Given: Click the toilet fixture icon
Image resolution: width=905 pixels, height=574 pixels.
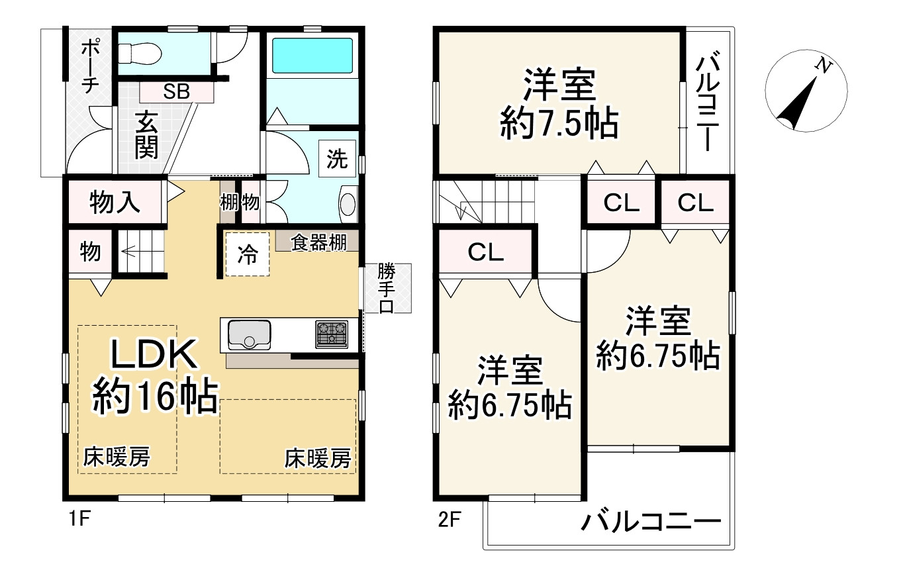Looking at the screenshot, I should [x=138, y=52].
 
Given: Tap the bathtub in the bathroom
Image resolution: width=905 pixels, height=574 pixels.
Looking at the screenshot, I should [x=312, y=56].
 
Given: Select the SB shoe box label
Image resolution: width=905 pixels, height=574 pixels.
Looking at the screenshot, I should [x=177, y=92].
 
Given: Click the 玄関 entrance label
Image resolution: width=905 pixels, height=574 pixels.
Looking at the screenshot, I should [x=147, y=135].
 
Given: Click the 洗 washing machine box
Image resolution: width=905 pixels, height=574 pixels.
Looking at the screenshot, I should [x=337, y=159].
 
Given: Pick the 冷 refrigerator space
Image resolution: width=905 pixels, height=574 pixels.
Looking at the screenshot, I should [x=248, y=254].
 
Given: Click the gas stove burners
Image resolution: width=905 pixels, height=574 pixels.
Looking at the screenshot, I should [x=332, y=334].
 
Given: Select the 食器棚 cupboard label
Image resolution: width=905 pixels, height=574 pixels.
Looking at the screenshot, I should [x=319, y=243].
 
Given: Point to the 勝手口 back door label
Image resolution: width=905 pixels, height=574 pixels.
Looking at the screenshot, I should [x=387, y=288].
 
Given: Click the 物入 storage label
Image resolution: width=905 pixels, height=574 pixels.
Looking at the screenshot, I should [x=115, y=201].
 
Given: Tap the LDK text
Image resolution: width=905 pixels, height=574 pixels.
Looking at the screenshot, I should [x=154, y=356].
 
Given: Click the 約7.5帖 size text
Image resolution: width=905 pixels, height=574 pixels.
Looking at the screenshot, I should [x=559, y=122].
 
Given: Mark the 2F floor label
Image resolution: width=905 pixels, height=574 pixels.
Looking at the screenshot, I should [x=449, y=519].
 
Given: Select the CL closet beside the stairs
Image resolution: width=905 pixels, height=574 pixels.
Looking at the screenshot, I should [x=487, y=251].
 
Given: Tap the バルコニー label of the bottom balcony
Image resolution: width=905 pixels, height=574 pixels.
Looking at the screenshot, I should [x=651, y=522].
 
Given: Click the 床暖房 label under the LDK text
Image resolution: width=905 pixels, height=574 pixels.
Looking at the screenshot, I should [x=116, y=457].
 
